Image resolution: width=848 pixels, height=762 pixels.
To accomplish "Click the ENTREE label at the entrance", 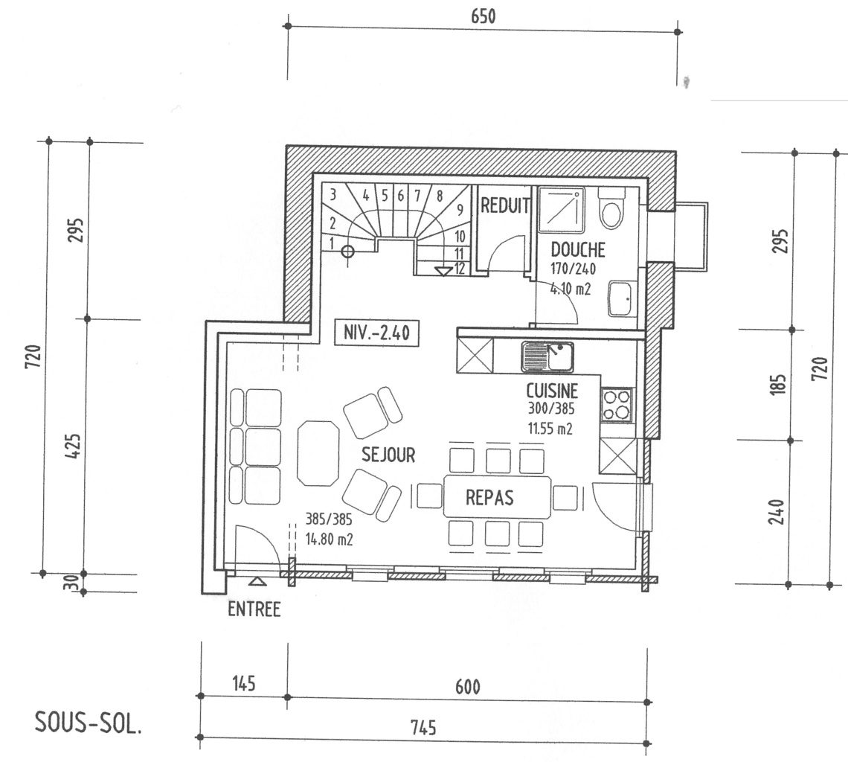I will pyautogui.click(x=254, y=609).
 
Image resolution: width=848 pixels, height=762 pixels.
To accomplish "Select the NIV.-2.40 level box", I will pyautogui.click(x=376, y=332).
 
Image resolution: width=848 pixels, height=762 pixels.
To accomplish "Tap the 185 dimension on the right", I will pyautogui.click(x=778, y=385).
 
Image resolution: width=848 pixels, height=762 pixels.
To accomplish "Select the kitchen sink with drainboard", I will pyautogui.click(x=547, y=357).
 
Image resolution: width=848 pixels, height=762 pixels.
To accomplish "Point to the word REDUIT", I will pyautogui.click(x=505, y=206).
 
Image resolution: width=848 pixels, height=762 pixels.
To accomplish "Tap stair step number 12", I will pyautogui.click(x=460, y=269).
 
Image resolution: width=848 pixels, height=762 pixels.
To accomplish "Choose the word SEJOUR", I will pyautogui.click(x=388, y=455).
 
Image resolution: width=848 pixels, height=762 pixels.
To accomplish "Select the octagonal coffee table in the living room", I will pyautogui.click(x=318, y=453).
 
